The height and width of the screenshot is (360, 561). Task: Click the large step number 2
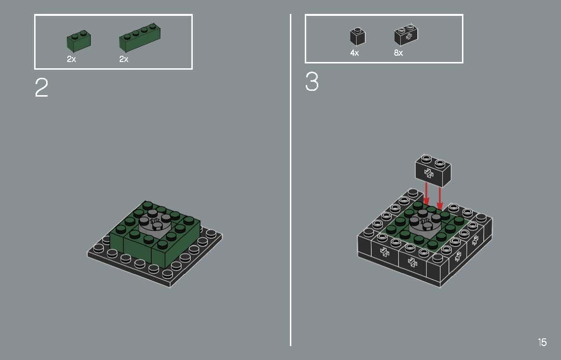click(x=41, y=88)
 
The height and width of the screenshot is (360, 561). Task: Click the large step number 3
click(x=312, y=82)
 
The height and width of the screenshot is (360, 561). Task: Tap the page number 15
click(x=542, y=342)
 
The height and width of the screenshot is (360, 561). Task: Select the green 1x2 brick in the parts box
click(x=79, y=41)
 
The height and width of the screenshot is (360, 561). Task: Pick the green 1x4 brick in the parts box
click(x=139, y=38)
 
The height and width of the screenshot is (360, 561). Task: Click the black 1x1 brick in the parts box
click(x=357, y=37)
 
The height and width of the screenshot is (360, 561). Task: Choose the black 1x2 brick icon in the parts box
click(x=406, y=35)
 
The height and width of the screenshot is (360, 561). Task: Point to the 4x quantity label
click(x=354, y=53)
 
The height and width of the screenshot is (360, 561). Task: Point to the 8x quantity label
click(x=398, y=53)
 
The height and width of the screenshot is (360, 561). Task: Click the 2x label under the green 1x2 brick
click(x=71, y=60)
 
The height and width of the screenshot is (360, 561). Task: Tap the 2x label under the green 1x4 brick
click(x=124, y=60)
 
